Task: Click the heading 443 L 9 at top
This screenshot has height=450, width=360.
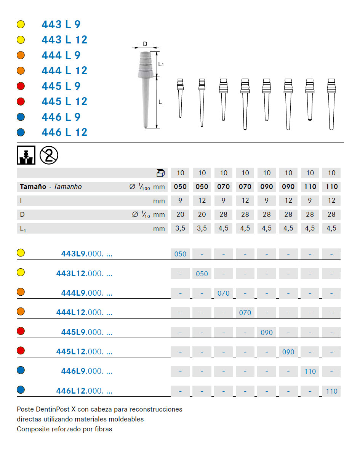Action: click(61, 24)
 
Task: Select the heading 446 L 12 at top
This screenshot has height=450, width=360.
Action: click(64, 132)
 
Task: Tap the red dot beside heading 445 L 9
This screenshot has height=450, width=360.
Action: click(21, 86)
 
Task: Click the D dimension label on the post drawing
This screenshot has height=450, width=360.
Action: click(145, 44)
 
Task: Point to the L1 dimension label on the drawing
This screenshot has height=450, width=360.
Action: click(161, 64)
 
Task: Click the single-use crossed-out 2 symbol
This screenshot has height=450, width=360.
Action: click(49, 155)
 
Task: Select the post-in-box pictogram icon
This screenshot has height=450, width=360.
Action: click(26, 155)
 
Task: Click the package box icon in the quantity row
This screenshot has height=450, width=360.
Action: click(160, 173)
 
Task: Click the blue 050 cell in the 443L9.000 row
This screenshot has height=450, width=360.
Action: click(180, 254)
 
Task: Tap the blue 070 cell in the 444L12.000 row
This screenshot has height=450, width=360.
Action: click(245, 313)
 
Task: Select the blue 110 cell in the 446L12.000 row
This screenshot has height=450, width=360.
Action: click(331, 391)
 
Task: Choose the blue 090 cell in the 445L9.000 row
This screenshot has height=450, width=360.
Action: click(267, 333)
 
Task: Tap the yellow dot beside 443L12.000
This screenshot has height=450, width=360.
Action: click(21, 272)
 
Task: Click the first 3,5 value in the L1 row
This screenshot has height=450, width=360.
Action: click(180, 228)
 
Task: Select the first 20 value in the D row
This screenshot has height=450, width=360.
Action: click(180, 215)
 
